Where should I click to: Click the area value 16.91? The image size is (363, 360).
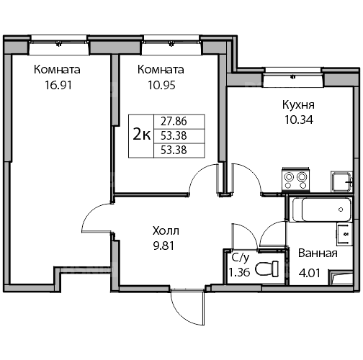(58, 85)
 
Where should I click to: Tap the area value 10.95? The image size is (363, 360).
(161, 85)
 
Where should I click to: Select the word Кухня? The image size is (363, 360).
(298, 105)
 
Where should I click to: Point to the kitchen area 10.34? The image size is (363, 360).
(299, 120)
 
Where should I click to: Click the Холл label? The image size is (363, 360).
(166, 231)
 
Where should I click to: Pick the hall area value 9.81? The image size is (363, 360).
(163, 246)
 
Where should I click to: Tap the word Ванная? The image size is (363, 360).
(318, 253)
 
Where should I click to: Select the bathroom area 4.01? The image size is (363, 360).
(310, 273)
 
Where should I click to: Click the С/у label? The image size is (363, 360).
(241, 258)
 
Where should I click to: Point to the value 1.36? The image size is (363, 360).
(239, 272)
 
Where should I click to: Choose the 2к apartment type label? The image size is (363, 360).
(142, 135)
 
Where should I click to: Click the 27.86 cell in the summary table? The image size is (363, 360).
(174, 121)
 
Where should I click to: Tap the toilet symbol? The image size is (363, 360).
(266, 269)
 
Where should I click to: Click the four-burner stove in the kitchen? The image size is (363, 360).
(295, 180)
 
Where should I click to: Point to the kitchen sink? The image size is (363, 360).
(341, 181)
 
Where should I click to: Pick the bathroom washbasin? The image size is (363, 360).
(344, 234)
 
